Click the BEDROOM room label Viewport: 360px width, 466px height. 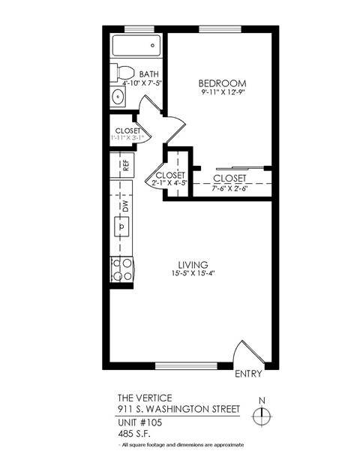tap(222, 83)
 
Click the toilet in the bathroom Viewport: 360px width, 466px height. tap(122, 73)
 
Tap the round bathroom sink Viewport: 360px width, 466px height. tap(118, 98)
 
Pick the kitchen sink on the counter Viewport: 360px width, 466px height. tap(121, 225)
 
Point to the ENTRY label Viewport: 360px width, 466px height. tap(248, 374)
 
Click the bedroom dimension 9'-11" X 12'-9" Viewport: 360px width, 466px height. tap(223, 93)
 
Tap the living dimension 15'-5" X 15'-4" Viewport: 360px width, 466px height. tap(193, 274)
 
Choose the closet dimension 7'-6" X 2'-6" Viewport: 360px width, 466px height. tap(229, 188)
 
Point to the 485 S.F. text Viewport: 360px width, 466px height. tap(136, 434)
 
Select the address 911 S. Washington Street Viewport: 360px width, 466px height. tap(178, 409)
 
